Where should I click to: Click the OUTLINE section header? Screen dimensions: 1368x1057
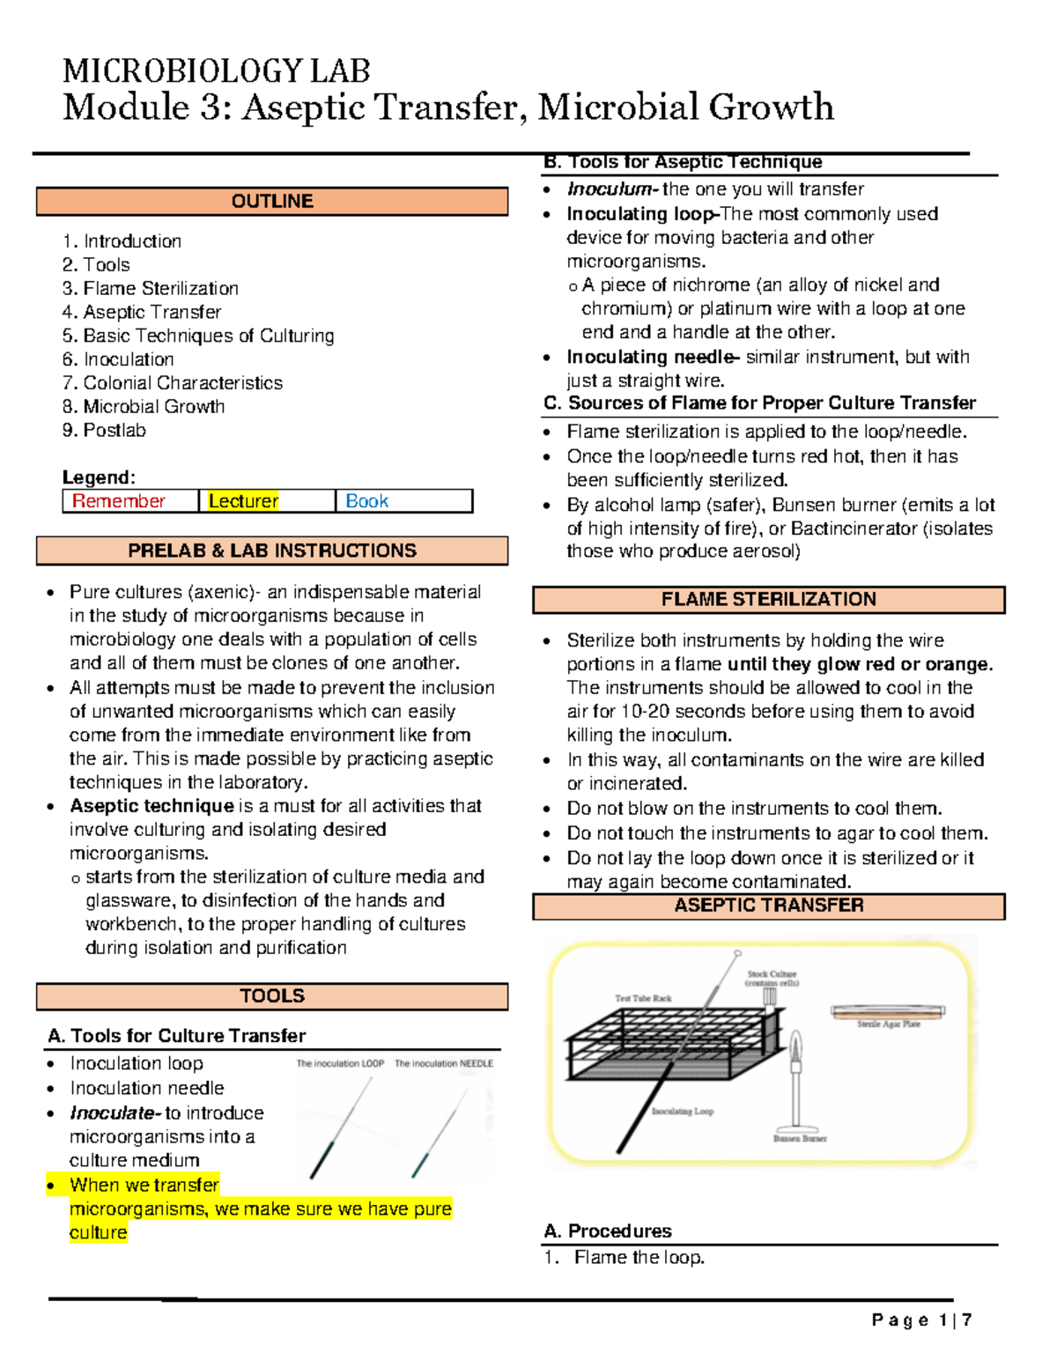[271, 201]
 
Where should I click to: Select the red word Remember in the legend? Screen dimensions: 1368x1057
[119, 501]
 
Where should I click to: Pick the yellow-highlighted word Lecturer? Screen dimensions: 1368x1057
[243, 501]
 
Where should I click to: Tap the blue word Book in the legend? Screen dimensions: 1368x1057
[366, 501]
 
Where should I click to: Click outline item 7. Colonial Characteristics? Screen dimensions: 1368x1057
[173, 383]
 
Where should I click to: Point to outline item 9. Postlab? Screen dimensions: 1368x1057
[104, 431]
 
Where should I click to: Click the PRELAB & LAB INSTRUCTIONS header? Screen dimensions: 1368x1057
[271, 551]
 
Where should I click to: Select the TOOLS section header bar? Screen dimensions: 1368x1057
[271, 996]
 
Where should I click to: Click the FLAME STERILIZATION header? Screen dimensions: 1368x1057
[768, 599]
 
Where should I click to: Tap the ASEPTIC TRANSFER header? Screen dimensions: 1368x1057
[768, 906]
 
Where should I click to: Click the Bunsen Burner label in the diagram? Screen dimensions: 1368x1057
[800, 1138]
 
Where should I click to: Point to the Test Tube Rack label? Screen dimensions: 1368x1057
[643, 998]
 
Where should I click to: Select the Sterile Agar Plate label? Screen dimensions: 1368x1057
[889, 1024]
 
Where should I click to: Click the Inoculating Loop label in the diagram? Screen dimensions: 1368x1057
[683, 1112]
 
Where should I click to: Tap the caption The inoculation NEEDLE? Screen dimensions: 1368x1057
[444, 1063]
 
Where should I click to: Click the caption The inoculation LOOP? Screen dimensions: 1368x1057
[340, 1063]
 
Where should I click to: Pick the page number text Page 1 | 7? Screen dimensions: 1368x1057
[921, 1320]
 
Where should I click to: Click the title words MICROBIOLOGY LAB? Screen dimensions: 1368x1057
[216, 70]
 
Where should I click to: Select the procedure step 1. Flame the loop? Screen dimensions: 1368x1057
[625, 1258]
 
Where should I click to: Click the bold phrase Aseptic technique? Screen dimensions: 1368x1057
[152, 806]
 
